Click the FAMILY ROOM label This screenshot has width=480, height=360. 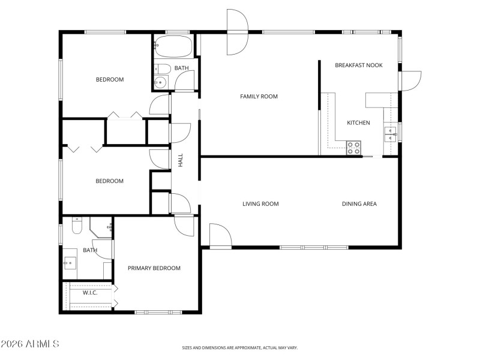[x=259, y=96]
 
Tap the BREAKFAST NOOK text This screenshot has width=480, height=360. [x=358, y=65]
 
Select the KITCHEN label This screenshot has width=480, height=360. [x=358, y=123]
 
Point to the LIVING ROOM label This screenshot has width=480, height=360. [x=260, y=204]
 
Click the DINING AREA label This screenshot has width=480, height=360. [x=359, y=204]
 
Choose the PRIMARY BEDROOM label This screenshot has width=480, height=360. [x=154, y=268]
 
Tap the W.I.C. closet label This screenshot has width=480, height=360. [x=90, y=293]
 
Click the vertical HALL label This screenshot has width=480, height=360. [x=180, y=160]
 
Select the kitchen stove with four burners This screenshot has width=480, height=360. [x=354, y=148]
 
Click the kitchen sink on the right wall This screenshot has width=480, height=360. [x=391, y=133]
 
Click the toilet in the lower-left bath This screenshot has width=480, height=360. [x=76, y=227]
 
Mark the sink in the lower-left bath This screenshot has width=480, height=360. [x=71, y=263]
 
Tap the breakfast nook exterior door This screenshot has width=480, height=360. [x=410, y=81]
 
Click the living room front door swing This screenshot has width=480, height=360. [x=220, y=235]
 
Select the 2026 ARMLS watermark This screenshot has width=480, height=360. [x=30, y=344]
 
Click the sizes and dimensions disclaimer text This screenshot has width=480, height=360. [x=240, y=347]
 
